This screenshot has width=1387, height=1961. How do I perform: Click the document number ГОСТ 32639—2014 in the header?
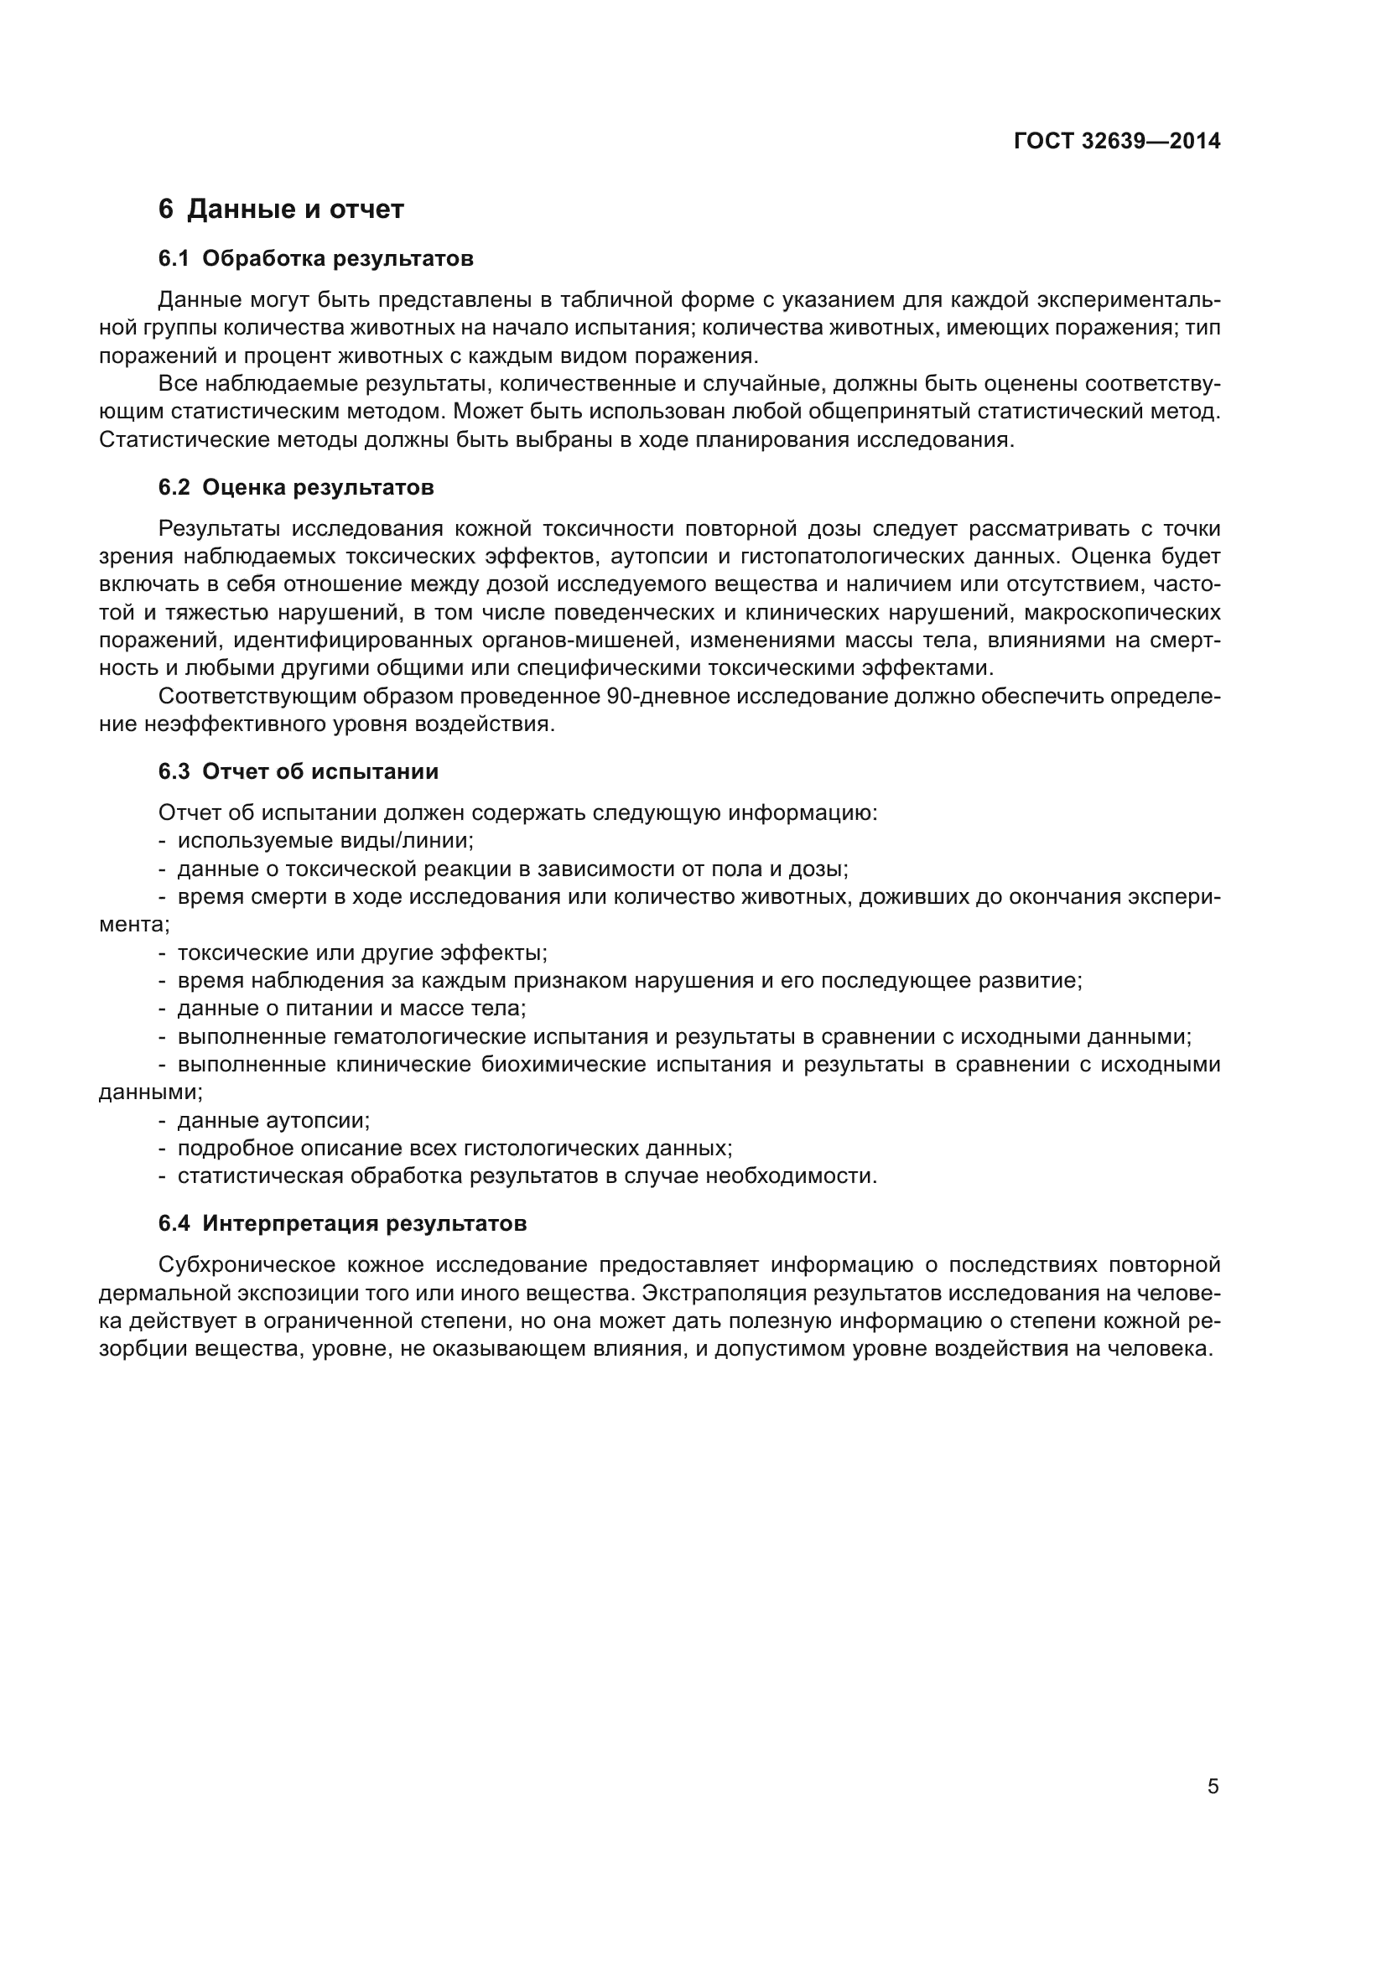coord(1116,141)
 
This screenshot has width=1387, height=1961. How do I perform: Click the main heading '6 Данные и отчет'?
coord(281,210)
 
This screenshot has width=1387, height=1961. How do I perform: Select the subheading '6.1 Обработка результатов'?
coord(315,259)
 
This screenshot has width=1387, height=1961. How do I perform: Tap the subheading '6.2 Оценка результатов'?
coord(295,488)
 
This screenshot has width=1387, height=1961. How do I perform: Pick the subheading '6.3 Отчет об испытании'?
coord(298,772)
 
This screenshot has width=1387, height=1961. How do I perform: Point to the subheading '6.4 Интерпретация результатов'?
coord(341,1224)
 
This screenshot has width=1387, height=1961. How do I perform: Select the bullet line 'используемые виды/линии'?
coord(325,840)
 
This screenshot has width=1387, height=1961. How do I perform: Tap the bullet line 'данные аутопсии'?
coord(273,1121)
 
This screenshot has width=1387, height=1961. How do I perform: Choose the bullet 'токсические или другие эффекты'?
coord(362,952)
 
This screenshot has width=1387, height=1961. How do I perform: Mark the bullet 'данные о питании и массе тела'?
coord(351,1009)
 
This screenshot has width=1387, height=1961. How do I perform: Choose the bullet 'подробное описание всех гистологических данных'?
coord(455,1149)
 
